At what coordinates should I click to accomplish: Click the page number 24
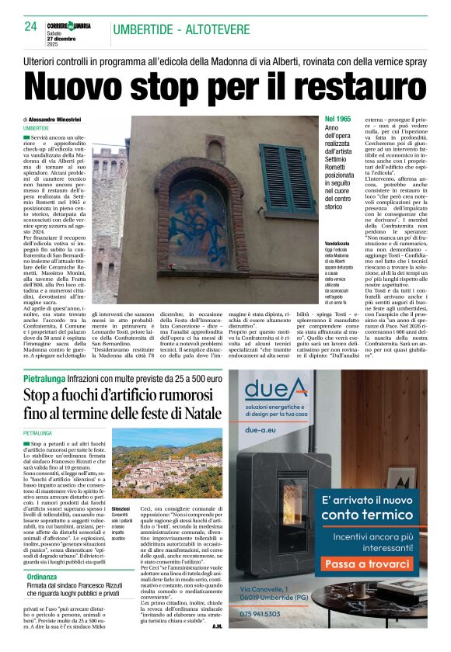click(x=30, y=26)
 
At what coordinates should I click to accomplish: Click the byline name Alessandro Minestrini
click(x=61, y=119)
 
